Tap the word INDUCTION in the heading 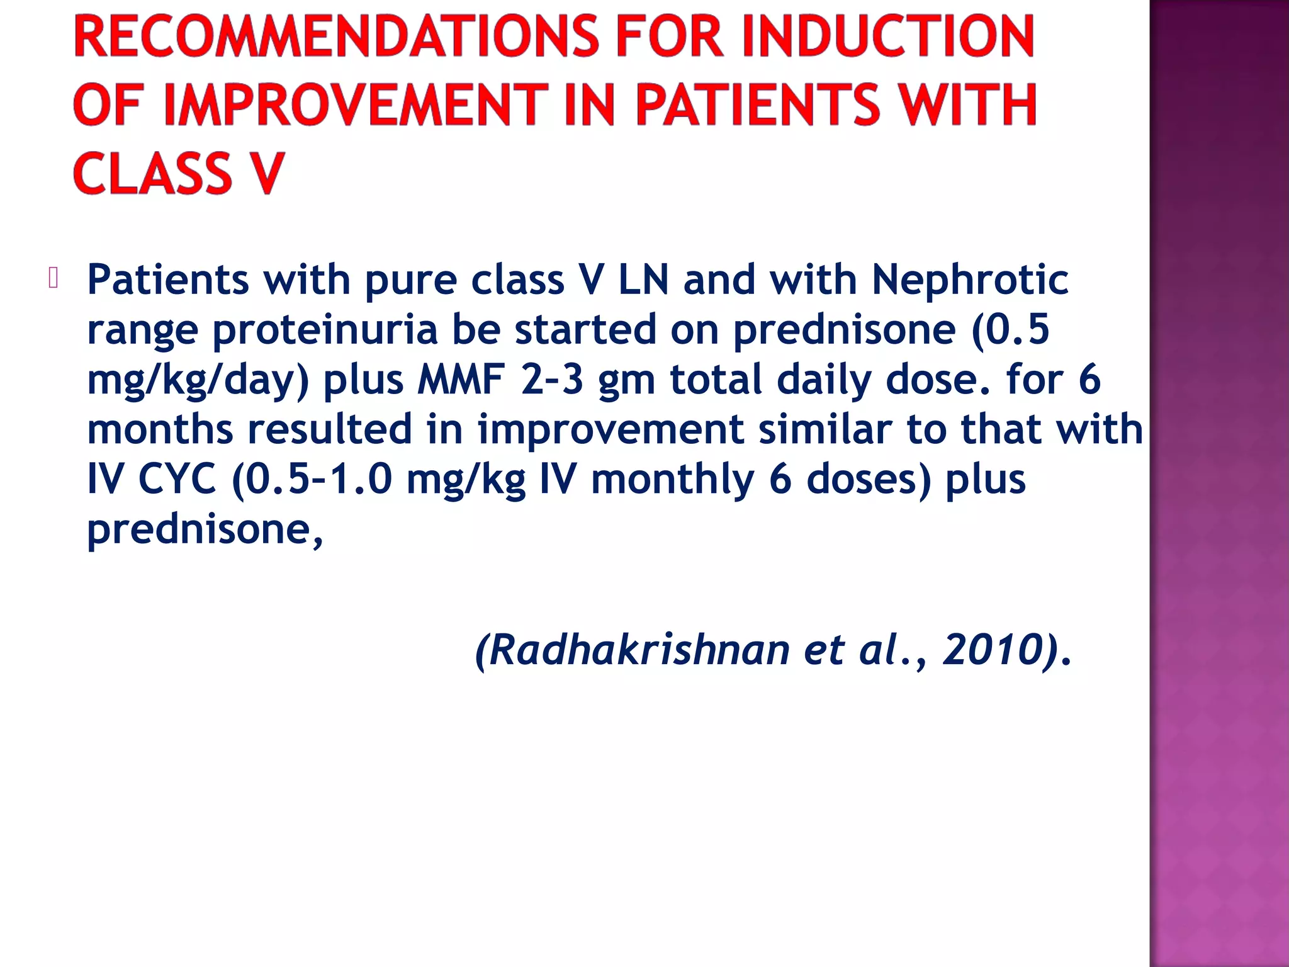click(x=888, y=37)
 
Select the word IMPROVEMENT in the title click(x=356, y=105)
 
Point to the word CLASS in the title click(x=153, y=173)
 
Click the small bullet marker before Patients click(x=53, y=278)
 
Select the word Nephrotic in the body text click(x=970, y=279)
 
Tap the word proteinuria click(x=325, y=329)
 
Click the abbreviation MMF click(x=461, y=380)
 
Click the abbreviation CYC click(x=177, y=479)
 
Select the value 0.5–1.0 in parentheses click(x=319, y=479)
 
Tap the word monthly click(x=673, y=479)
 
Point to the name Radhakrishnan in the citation click(x=639, y=650)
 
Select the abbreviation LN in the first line click(x=644, y=279)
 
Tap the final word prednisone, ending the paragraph click(x=205, y=529)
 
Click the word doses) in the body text click(x=869, y=479)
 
